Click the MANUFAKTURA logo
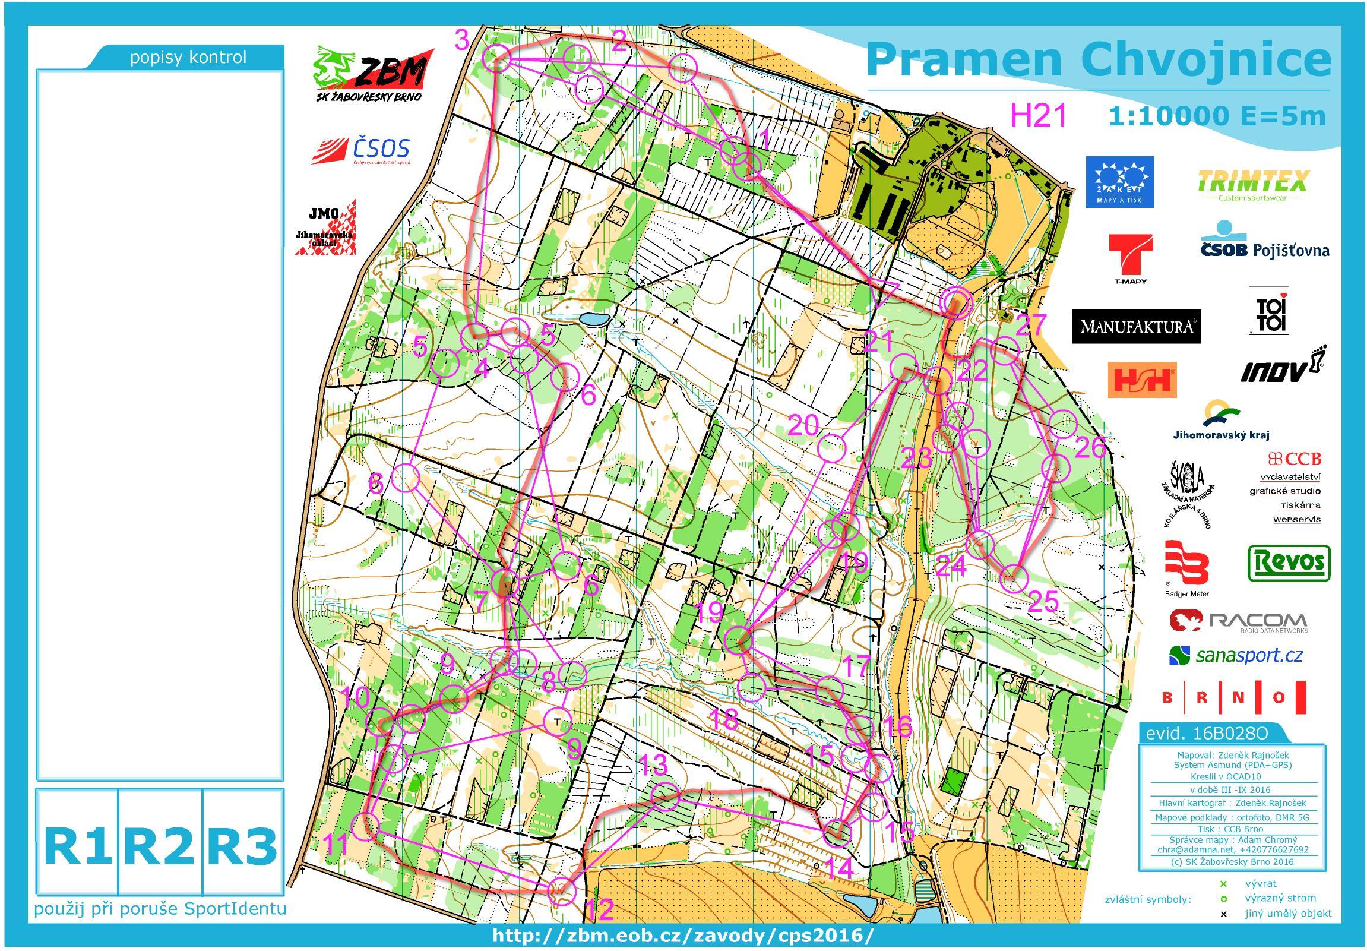pos(1136,326)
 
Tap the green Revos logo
pos(1289,562)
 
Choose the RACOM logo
pos(1238,621)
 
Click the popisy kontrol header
pos(188,58)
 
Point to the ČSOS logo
pos(362,150)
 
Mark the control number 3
pos(463,40)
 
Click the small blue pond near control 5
pos(594,319)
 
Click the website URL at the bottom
pos(683,936)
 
